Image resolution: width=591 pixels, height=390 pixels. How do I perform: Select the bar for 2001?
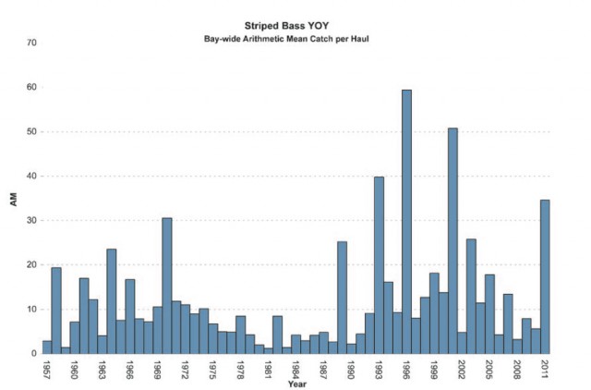coord(452,240)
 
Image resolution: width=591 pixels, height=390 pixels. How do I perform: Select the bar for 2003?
coord(471,296)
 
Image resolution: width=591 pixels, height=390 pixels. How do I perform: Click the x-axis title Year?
coord(296,384)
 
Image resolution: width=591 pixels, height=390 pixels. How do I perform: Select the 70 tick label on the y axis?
coord(32,43)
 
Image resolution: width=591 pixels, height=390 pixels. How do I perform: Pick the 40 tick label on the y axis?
coord(32,177)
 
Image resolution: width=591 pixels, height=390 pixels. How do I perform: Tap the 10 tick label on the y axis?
coord(32,310)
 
